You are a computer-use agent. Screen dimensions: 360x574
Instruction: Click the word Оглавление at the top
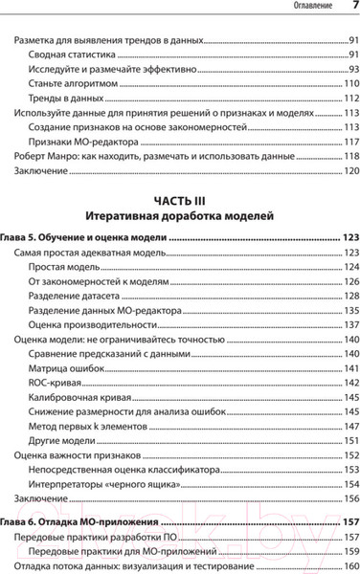point(297,9)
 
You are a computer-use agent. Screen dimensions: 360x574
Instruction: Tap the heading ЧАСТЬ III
point(180,200)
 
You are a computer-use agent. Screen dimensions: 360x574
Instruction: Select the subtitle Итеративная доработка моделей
point(180,216)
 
